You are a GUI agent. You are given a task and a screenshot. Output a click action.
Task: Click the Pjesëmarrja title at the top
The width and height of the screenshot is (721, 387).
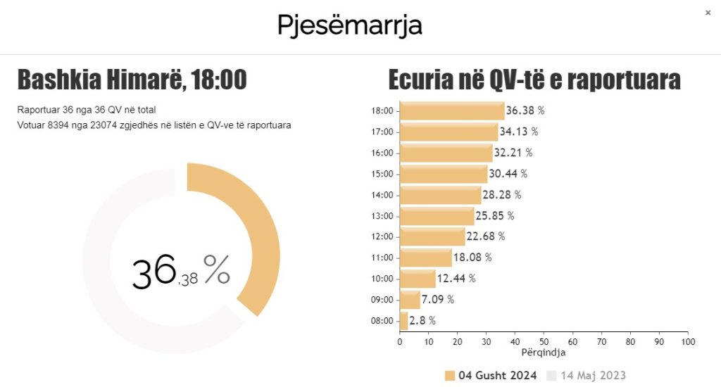point(349,25)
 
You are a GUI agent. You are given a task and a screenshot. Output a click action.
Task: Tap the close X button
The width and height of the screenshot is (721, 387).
point(708,13)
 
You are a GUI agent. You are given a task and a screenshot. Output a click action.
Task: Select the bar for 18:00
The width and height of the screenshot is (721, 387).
point(452,110)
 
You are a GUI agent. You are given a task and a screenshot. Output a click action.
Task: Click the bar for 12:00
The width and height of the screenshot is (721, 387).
point(432,236)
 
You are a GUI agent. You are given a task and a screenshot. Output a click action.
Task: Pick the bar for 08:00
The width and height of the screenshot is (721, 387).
point(403,321)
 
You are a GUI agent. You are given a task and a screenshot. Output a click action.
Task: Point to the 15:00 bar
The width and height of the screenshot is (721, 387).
point(444,174)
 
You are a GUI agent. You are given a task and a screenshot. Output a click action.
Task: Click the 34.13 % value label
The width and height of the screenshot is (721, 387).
point(519,132)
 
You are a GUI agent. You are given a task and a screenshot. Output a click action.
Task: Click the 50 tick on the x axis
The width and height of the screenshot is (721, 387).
point(544,342)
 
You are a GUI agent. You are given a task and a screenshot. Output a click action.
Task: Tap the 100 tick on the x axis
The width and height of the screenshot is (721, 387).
point(688,342)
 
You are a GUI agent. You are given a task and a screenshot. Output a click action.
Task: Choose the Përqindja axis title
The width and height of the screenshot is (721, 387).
point(544,353)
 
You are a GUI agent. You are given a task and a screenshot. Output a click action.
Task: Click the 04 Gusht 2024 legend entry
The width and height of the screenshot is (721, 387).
point(491,375)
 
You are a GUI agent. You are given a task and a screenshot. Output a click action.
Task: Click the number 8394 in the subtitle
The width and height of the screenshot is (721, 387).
point(61,125)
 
